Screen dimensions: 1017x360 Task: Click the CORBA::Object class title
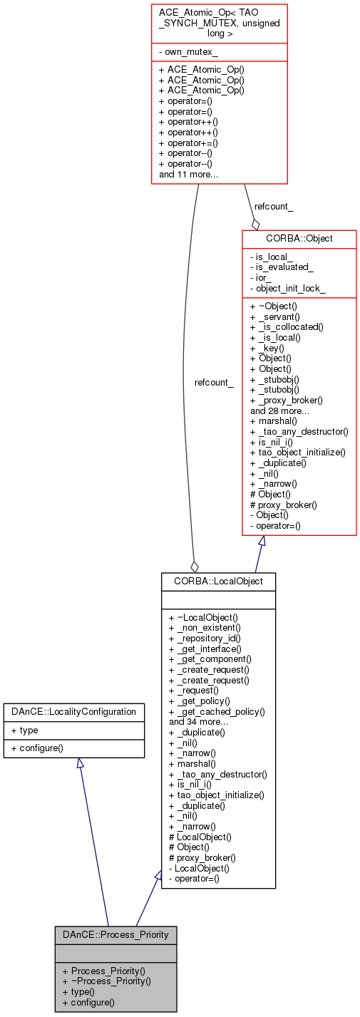coord(299,238)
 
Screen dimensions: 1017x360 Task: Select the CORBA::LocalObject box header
coord(218,581)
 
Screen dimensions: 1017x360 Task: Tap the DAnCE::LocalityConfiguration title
coord(74,711)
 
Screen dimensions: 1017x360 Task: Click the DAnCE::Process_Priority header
coord(115,934)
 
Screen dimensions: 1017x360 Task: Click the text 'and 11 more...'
coord(188,174)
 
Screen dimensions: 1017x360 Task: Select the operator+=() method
coord(188,143)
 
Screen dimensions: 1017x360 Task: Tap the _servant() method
coord(279,316)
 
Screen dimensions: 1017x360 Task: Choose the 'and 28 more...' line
coord(279,411)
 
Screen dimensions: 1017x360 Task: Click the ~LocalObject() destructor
coord(203,617)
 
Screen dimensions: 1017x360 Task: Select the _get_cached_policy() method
coord(217,711)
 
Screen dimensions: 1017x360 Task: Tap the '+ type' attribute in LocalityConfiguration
coord(25,730)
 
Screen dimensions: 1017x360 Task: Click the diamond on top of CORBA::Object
coord(255,223)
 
